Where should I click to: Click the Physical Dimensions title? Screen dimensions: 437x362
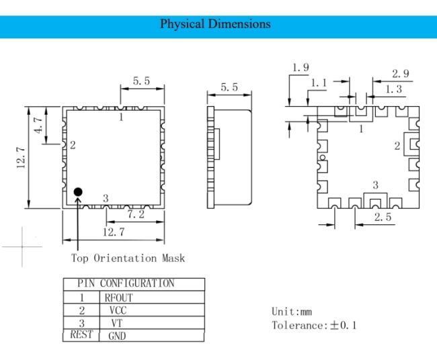tap(215, 24)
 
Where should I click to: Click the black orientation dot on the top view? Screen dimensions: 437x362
tap(78, 191)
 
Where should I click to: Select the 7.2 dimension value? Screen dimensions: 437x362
tap(136, 214)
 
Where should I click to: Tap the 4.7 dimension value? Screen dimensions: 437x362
tap(38, 125)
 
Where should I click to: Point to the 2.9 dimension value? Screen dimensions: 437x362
tap(401, 73)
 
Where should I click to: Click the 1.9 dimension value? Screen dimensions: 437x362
tap(301, 67)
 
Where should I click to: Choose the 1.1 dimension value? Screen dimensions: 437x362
tap(318, 83)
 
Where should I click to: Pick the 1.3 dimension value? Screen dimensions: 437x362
tap(393, 89)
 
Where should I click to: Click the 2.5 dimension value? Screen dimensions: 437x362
tap(383, 217)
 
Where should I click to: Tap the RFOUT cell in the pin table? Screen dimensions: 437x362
tap(119, 298)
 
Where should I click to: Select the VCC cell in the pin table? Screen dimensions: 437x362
tap(118, 310)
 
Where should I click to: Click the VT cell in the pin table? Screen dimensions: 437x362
tap(117, 323)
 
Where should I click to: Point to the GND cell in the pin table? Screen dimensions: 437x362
tap(117, 336)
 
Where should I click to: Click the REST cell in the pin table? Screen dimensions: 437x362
tap(81, 334)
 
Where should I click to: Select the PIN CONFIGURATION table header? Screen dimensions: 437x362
tap(126, 283)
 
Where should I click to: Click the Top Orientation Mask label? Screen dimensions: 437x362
tap(128, 258)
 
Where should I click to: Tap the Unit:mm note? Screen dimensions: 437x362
tap(292, 312)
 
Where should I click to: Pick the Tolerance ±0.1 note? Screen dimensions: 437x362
tap(314, 325)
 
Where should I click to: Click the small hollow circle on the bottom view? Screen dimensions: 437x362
tap(323, 158)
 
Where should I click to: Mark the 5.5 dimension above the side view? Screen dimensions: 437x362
tap(229, 87)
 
